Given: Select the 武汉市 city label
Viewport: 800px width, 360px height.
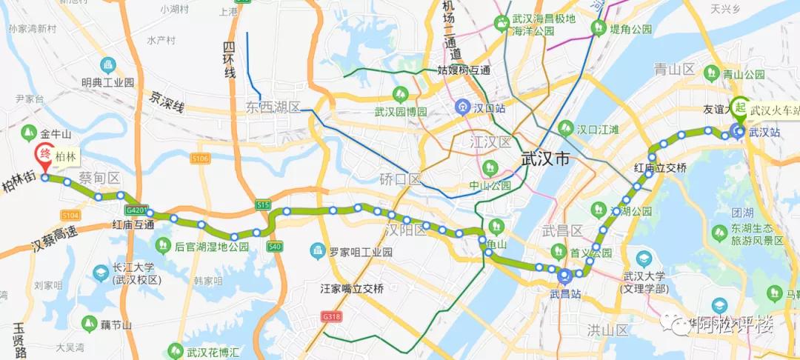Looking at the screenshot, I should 545,159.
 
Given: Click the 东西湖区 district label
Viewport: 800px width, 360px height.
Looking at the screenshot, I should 273,108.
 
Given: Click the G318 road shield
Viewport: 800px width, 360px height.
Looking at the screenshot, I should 330,317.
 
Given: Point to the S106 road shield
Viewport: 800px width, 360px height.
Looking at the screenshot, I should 200,159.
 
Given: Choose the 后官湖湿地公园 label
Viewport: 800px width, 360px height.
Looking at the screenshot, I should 212,247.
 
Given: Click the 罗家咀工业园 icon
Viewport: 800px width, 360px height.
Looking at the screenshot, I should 318,252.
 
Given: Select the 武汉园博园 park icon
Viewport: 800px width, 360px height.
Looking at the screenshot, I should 401,95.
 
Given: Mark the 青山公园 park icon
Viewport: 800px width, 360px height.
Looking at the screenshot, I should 711,73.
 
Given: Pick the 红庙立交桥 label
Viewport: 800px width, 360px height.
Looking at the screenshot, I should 661,168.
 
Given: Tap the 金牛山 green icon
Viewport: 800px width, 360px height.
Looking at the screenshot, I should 29,134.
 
